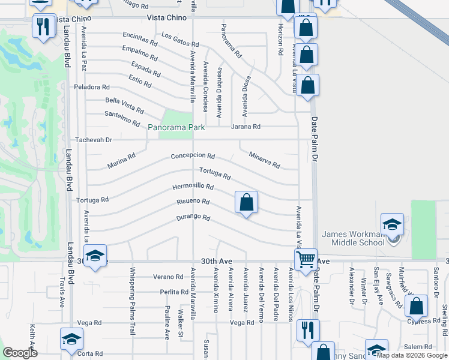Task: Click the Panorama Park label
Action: tap(176, 127)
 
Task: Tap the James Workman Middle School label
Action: tap(353, 238)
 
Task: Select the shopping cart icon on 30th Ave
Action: tap(306, 259)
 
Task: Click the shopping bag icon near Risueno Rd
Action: tap(246, 202)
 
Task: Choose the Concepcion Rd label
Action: tap(193, 156)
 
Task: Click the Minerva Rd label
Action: tap(265, 160)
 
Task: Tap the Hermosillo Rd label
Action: tap(193, 187)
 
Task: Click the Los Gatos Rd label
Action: tap(180, 40)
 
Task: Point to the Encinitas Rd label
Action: tap(140, 39)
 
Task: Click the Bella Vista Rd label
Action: tap(124, 106)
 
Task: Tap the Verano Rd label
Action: tap(167, 277)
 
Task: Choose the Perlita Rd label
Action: tap(174, 292)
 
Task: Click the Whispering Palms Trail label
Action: tap(133, 300)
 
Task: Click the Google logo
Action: tap(20, 353)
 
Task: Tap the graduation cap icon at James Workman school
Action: tap(393, 224)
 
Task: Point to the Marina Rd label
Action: tap(121, 160)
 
